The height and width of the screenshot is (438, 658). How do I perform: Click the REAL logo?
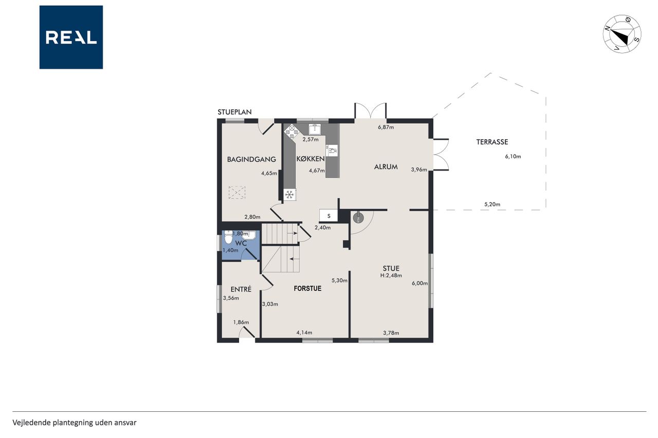click(x=71, y=37)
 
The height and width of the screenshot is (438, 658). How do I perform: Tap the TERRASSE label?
click(x=492, y=142)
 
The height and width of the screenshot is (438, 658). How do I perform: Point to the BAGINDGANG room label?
click(x=251, y=159)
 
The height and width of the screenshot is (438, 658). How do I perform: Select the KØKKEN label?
click(x=310, y=159)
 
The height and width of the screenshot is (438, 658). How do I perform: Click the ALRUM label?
click(x=386, y=167)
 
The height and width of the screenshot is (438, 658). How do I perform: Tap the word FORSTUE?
click(x=307, y=289)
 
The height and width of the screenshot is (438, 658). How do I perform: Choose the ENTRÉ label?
click(x=241, y=289)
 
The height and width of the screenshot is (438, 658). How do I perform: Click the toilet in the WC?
click(x=228, y=237)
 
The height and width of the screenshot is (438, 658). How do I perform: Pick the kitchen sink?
click(x=315, y=129)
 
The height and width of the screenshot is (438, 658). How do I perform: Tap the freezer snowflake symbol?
click(x=289, y=195)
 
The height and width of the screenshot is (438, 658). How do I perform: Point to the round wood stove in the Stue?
click(x=358, y=217)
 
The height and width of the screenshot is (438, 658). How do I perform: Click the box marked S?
click(x=328, y=216)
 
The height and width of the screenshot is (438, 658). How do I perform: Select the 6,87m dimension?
click(x=386, y=127)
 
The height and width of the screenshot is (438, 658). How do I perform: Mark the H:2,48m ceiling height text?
click(x=391, y=275)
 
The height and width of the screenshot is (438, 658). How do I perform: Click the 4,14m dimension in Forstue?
click(x=304, y=333)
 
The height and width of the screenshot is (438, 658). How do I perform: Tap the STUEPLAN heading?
click(x=234, y=112)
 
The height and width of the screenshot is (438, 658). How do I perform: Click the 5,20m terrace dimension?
click(x=492, y=204)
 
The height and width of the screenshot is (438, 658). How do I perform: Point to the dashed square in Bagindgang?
click(x=237, y=193)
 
